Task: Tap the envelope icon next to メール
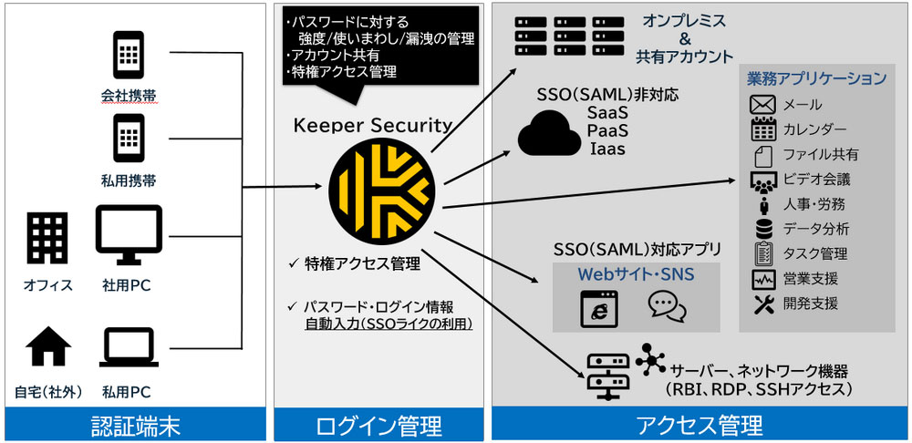[x=762, y=105]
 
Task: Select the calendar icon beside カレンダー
[x=762, y=129]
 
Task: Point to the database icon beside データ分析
[x=762, y=228]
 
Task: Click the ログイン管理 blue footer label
[x=378, y=425]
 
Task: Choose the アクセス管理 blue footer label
[x=699, y=425]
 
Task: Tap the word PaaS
[x=607, y=129]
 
